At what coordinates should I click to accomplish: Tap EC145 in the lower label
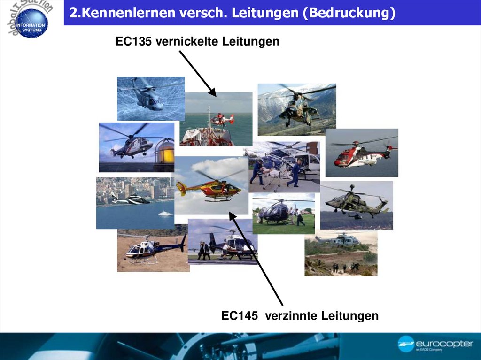point(240,316)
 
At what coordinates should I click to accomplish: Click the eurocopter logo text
point(444,344)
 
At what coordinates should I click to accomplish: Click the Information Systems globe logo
point(31,27)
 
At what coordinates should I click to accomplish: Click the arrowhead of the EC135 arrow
point(212,93)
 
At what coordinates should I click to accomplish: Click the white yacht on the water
point(165,214)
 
